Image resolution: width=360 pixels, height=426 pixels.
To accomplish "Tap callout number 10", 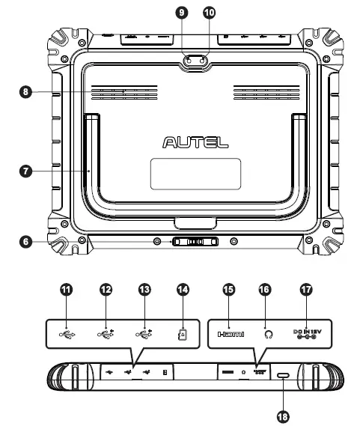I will pos(209,12).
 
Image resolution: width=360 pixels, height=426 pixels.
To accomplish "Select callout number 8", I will pos(25,92).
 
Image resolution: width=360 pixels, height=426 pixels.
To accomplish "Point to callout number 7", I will pos(25,171).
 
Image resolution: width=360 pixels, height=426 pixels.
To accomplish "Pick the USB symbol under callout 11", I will pos(66,335).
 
